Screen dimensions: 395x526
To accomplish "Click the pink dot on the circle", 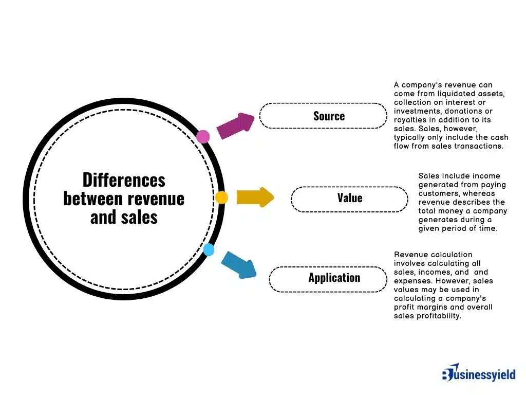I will click(203, 136).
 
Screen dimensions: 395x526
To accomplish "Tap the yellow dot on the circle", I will click(222, 197).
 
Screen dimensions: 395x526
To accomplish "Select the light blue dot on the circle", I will click(209, 250).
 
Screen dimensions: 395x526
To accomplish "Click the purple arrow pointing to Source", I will click(236, 125).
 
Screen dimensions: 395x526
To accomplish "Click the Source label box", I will click(323, 116).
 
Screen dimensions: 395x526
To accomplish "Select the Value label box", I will click(349, 199).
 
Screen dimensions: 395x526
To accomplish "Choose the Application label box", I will click(328, 279).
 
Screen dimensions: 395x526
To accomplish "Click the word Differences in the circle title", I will click(124, 180).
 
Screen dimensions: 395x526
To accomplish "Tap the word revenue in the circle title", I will click(159, 199).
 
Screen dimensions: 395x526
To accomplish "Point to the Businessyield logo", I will click(478, 374).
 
